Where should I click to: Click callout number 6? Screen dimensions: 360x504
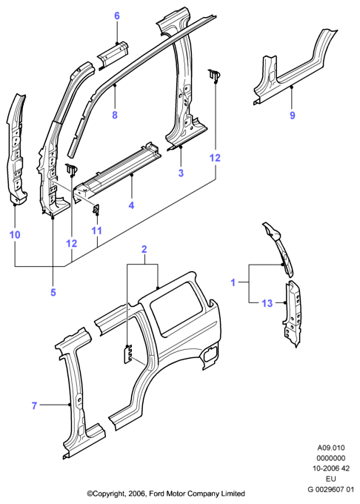[117, 16]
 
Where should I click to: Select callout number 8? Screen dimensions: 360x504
[115, 115]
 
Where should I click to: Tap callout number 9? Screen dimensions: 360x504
[293, 115]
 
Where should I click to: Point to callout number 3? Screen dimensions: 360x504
[181, 173]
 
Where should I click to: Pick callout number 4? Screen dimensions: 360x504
[131, 205]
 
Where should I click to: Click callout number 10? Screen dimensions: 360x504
[15, 235]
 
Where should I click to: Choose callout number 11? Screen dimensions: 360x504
[96, 231]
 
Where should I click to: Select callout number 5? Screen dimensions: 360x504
[53, 292]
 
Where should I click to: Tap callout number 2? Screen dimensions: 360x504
[144, 249]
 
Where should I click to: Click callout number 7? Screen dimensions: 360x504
[34, 405]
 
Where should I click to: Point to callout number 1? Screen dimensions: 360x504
[233, 282]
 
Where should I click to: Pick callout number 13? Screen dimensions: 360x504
[267, 303]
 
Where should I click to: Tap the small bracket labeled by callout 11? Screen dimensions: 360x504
[96, 209]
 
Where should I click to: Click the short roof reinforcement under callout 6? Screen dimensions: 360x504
[113, 54]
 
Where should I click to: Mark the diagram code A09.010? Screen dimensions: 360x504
[331, 448]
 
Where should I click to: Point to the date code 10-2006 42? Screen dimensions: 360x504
[331, 468]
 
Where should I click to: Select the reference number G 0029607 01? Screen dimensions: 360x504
[331, 489]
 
